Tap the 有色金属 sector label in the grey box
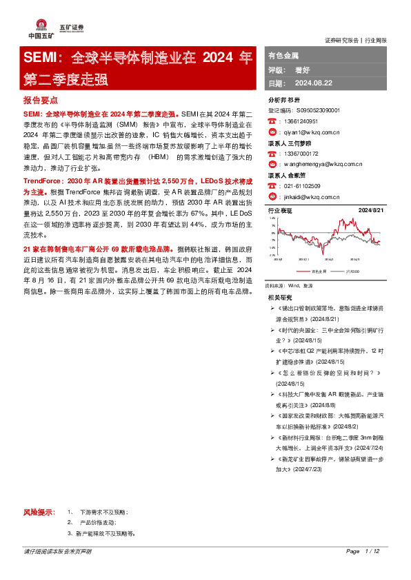tap(283, 56)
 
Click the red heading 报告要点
tap(40, 101)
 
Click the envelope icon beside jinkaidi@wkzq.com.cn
tap(272, 196)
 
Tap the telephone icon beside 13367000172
tap(272, 154)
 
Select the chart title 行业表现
tap(279, 210)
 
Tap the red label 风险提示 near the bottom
tap(39, 512)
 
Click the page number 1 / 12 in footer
tap(373, 552)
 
